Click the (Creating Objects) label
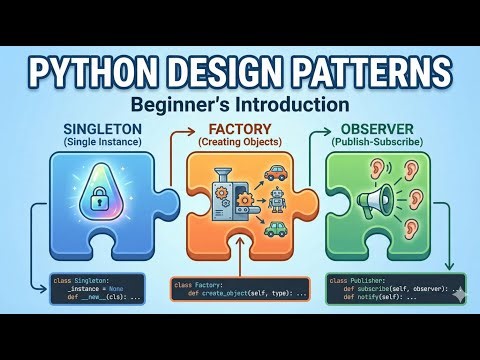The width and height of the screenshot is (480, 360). click(x=239, y=142)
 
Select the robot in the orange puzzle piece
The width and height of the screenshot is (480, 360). click(x=277, y=199)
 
